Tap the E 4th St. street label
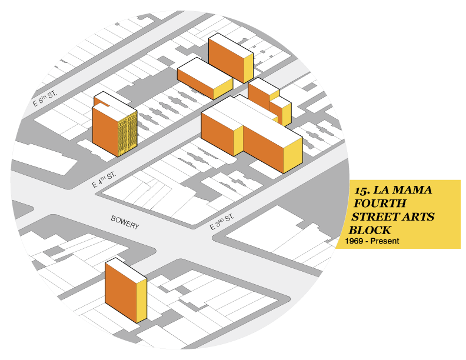(x=104, y=180)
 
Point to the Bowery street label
(x=125, y=222)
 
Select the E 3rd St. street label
(x=222, y=222)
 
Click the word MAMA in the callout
(x=411, y=191)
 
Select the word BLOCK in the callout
(x=370, y=230)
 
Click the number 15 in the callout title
(x=361, y=191)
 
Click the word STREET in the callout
(x=375, y=217)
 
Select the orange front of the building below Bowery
(x=121, y=291)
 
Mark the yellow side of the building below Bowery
(x=141, y=300)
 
